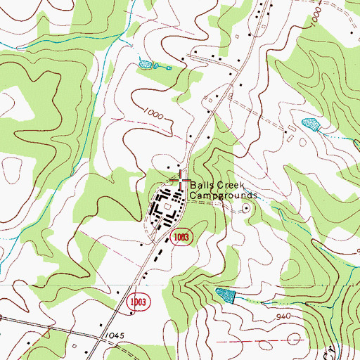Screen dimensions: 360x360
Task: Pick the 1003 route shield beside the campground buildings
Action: pyautogui.click(x=181, y=237)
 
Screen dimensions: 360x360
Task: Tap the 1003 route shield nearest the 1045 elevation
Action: pyautogui.click(x=138, y=301)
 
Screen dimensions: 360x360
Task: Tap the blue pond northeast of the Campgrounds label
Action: pyautogui.click(x=310, y=125)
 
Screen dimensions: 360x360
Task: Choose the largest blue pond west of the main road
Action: pyautogui.click(x=146, y=65)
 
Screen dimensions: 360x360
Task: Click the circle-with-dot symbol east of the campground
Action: pyautogui.click(x=246, y=207)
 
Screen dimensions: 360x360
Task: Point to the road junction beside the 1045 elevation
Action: pyautogui.click(x=103, y=336)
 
